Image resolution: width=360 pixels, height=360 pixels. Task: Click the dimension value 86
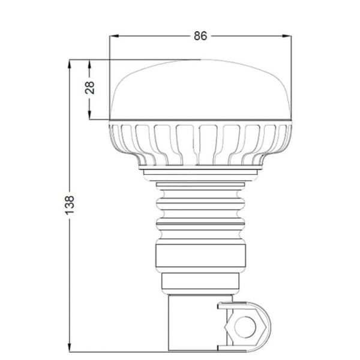pos(200,36)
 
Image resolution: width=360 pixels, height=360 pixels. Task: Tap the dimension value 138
pos(70,205)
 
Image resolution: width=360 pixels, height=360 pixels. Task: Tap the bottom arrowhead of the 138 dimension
pos(70,347)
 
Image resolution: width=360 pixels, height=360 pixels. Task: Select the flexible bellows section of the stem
pos(201,207)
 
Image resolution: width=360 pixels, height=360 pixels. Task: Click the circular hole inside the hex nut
pos(244,327)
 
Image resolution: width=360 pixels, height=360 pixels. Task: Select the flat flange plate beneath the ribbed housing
pos(201,172)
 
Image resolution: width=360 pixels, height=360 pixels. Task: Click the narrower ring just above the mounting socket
pos(201,282)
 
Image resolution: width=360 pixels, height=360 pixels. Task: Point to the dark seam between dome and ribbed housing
pos(201,121)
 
